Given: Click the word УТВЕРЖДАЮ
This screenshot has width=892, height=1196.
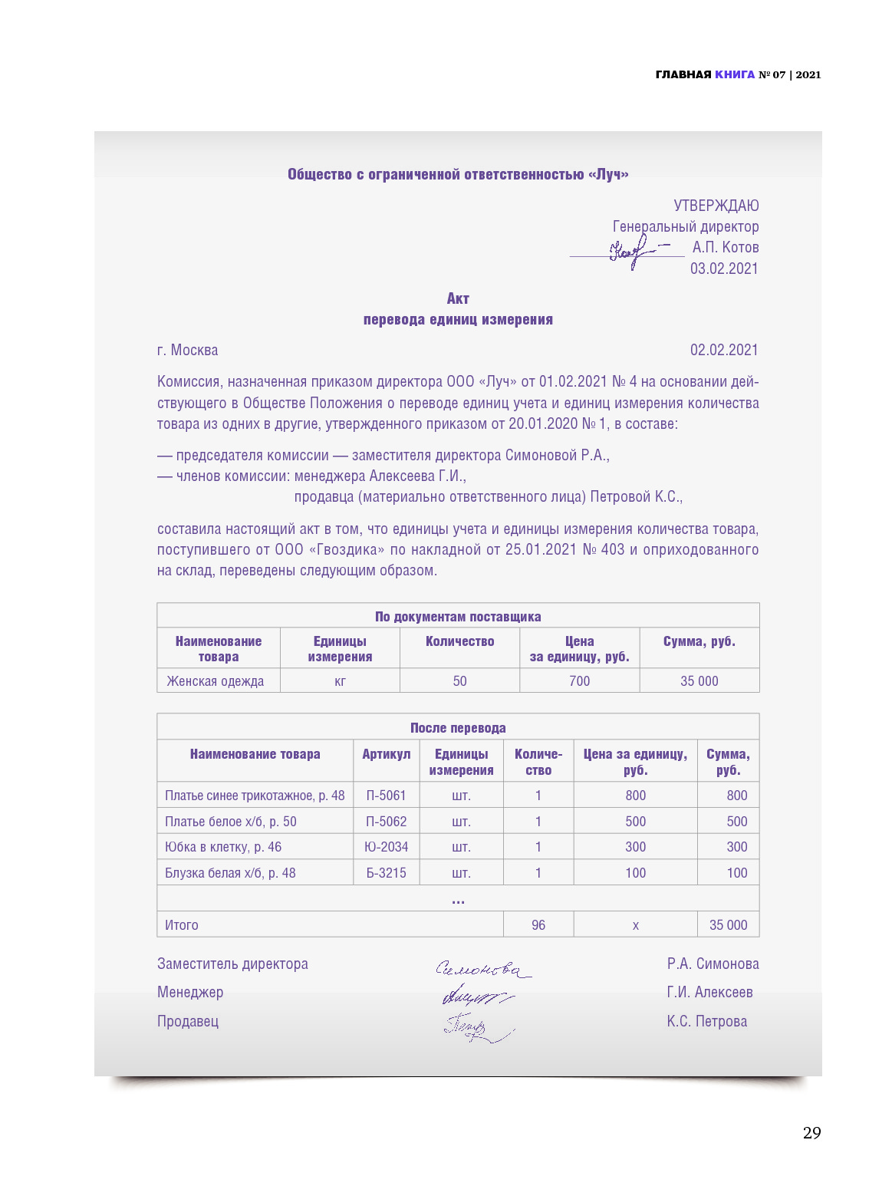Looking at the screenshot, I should click(716, 206).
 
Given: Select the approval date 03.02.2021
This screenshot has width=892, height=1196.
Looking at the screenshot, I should click(723, 269).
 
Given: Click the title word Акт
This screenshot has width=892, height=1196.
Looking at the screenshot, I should click(458, 298).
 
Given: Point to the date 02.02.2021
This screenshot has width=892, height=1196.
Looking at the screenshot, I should click(723, 350).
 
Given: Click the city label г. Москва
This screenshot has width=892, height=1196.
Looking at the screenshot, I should click(187, 350).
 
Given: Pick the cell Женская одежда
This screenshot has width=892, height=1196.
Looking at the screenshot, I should click(215, 681).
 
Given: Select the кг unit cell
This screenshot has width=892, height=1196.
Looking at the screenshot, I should click(340, 681).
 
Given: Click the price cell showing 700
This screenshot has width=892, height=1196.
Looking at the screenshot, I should click(579, 681).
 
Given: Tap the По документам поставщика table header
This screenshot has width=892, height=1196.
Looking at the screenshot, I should click(458, 617).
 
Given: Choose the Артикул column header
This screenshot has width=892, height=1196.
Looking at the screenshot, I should click(386, 754).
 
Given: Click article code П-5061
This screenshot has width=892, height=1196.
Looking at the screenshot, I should click(386, 796).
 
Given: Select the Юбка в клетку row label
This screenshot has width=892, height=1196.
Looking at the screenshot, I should click(222, 847).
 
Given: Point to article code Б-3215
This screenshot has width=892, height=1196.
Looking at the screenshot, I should click(386, 873).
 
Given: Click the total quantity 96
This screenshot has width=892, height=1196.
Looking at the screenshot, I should click(538, 925).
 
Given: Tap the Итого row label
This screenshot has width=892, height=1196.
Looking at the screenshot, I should click(182, 925).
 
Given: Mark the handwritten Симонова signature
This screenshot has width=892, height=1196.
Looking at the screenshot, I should click(482, 970).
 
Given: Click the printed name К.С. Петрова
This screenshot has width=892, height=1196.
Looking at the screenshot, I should click(706, 1021).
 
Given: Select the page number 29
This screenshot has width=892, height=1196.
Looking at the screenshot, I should click(811, 1133).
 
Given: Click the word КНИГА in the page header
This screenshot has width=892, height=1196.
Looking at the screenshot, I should click(734, 74).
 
